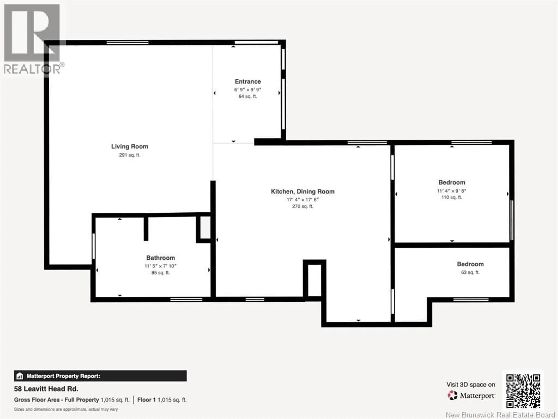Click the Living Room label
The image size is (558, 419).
(x=129, y=147)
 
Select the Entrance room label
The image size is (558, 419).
(x=248, y=82)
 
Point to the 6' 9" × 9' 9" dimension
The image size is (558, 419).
(x=248, y=90)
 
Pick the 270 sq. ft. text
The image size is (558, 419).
(x=302, y=206)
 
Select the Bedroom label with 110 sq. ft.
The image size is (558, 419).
(x=451, y=182)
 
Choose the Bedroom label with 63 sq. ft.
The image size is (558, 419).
(x=470, y=264)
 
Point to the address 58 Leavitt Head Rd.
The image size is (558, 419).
(x=46, y=389)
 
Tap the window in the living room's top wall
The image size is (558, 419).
(x=127, y=42)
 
